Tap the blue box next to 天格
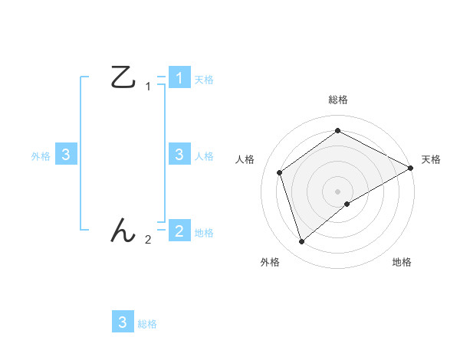179,78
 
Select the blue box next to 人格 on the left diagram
179,155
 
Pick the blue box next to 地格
179,231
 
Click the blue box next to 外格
66,155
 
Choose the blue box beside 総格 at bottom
123,322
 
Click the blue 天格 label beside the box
204,80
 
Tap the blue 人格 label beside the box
204,156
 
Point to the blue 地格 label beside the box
204,233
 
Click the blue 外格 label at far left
41,156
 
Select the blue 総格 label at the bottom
147,324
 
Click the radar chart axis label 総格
338,100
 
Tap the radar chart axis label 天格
431,159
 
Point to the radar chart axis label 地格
402,262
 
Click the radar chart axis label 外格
270,262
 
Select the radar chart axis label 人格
245,159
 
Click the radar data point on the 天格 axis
411,168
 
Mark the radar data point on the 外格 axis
301,242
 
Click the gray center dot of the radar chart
338,191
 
